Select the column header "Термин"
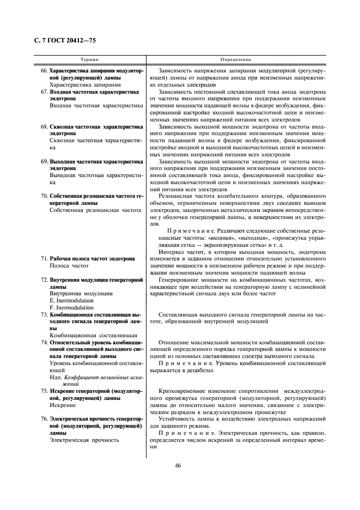tap(89, 59)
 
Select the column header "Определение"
tap(235, 59)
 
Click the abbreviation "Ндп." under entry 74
tap(56, 377)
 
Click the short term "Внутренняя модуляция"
tap(81, 293)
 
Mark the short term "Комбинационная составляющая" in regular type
tap(93, 335)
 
